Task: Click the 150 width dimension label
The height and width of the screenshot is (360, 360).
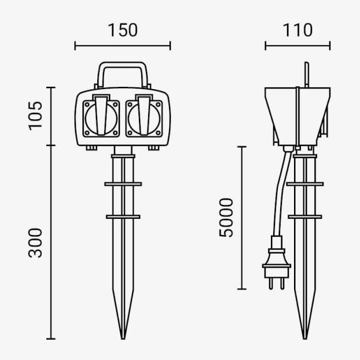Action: pos(123,30)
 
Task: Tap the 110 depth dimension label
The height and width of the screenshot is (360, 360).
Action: pos(297,30)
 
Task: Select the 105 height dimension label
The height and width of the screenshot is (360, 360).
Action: pos(35,116)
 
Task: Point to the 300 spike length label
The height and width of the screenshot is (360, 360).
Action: pos(35,243)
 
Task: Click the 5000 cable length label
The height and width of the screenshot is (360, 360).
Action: pos(226,218)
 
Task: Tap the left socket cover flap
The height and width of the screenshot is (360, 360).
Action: pos(101,115)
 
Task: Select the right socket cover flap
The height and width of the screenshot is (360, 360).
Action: pos(144,115)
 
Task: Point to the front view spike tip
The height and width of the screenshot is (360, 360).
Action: pos(123,339)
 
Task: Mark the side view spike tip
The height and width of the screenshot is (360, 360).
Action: pos(304,339)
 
